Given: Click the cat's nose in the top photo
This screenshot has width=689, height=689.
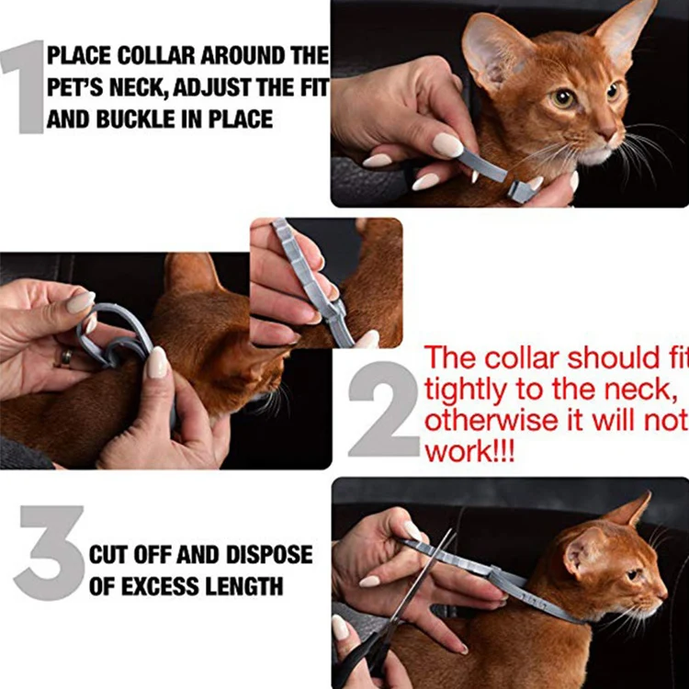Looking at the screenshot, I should [610, 135].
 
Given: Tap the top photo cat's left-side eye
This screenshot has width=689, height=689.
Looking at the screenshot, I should [562, 97].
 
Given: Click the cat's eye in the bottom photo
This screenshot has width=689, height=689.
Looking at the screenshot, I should [633, 574].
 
